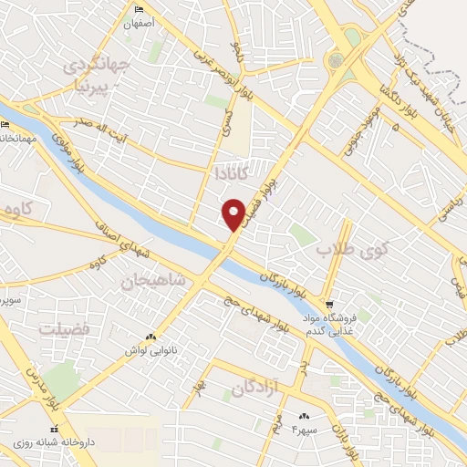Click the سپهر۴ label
(303, 428)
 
